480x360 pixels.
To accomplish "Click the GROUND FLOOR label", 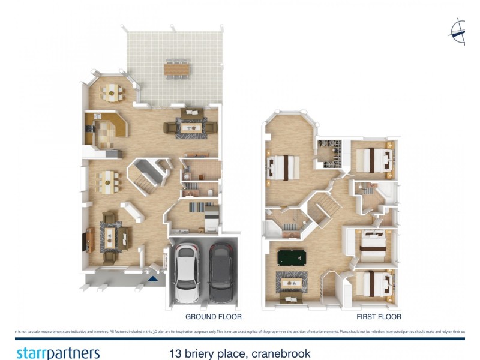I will tap(213, 316).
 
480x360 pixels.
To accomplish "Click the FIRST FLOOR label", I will tap(379, 316).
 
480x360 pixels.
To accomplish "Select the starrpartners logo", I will tap(58, 353).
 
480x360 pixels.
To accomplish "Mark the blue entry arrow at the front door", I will tap(154, 278).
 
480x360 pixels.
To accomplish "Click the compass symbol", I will tap(459, 31).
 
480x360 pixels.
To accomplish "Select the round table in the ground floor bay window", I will tap(112, 91).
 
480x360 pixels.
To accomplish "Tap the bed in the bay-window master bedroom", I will tap(284, 166).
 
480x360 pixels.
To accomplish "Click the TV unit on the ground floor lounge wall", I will tap(88, 239).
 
